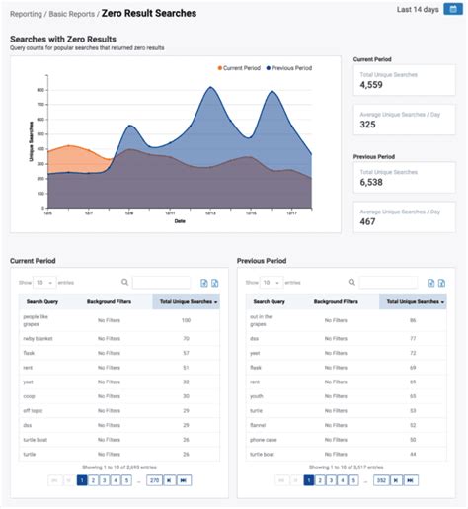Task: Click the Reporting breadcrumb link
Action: [29, 14]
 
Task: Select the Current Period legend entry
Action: [239, 67]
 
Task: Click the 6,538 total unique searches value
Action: [371, 182]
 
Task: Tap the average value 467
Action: [367, 222]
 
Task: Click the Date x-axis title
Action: [180, 221]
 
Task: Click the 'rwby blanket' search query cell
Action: [39, 338]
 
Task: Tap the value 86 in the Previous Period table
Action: [413, 320]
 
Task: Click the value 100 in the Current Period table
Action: [186, 320]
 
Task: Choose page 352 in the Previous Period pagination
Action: [379, 480]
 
